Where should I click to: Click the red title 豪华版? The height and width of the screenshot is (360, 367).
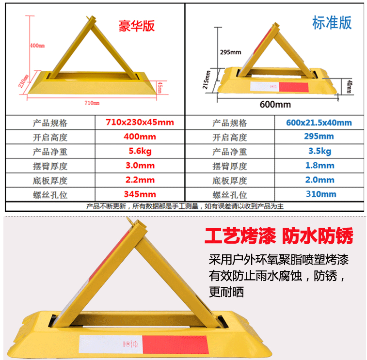click(x=136, y=26)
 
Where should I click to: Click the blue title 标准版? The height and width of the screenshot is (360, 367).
click(x=332, y=23)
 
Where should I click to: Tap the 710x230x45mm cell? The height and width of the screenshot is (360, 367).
click(x=140, y=122)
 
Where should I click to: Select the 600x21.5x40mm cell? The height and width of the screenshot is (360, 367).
click(x=319, y=123)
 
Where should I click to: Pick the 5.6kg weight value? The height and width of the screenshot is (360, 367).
click(x=140, y=151)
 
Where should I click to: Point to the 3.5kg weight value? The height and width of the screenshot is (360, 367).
click(x=319, y=151)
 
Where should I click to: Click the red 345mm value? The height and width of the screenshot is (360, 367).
click(x=140, y=194)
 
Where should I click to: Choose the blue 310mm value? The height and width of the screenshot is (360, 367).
click(x=321, y=194)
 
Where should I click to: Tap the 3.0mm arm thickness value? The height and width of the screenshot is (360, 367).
click(x=140, y=165)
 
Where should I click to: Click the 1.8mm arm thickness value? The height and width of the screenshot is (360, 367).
click(x=319, y=165)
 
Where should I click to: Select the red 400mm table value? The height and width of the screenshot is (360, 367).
click(x=140, y=137)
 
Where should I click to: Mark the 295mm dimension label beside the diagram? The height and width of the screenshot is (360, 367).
click(x=230, y=52)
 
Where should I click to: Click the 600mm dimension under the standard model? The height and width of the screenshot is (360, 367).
click(x=275, y=104)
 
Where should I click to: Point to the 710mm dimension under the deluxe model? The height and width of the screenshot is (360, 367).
click(x=92, y=103)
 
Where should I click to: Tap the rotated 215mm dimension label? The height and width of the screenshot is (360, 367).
click(x=206, y=80)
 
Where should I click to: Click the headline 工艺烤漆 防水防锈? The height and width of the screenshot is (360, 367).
click(x=279, y=236)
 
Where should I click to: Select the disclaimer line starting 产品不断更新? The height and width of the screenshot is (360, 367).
click(x=185, y=206)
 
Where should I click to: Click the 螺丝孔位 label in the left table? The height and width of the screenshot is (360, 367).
click(x=50, y=195)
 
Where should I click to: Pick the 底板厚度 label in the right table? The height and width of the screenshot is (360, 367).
click(x=230, y=181)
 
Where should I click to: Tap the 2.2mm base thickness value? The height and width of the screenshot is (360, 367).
click(x=140, y=180)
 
